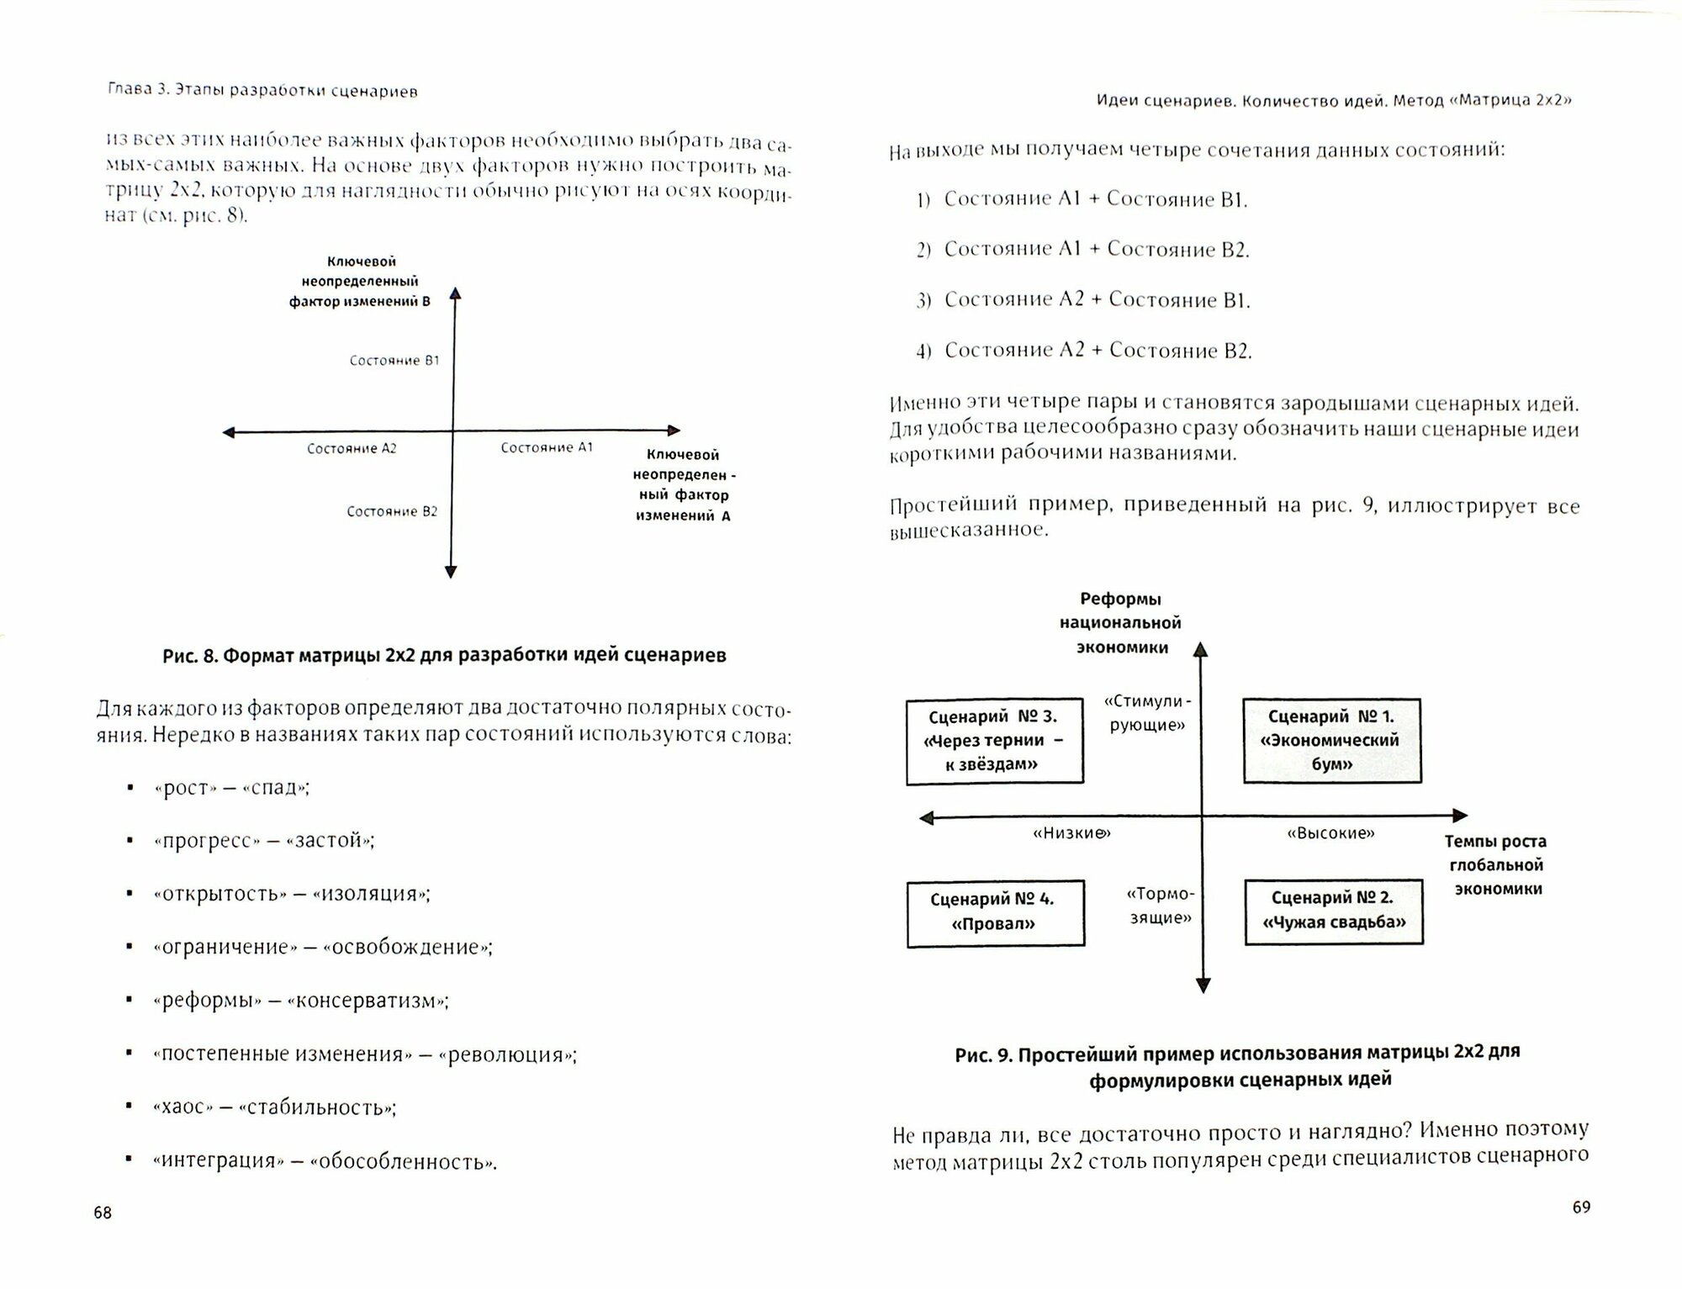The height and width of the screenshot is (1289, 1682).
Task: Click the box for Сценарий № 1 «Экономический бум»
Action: pyautogui.click(x=1331, y=741)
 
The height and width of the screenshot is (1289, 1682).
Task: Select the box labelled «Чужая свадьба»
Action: pyautogui.click(x=1333, y=911)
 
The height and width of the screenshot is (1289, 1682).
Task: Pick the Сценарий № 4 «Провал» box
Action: pyautogui.click(x=994, y=912)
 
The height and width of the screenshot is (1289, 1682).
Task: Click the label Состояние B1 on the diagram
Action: pyautogui.click(x=394, y=361)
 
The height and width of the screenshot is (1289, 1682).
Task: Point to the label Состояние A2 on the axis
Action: pyautogui.click(x=352, y=449)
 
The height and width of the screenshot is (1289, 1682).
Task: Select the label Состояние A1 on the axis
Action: pyautogui.click(x=547, y=448)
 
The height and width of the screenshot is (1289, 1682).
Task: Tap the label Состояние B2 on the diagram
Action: pyautogui.click(x=392, y=511)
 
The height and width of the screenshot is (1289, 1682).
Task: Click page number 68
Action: pyautogui.click(x=103, y=1212)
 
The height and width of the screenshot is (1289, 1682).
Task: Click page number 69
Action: pyautogui.click(x=1581, y=1207)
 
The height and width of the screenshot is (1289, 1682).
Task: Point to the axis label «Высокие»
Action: pyautogui.click(x=1330, y=833)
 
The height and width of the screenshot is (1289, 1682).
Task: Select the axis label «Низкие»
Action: pyautogui.click(x=1071, y=833)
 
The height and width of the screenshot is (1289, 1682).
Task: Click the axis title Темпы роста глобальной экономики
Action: pyautogui.click(x=1495, y=865)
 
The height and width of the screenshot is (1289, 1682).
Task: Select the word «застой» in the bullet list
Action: pyautogui.click(x=330, y=841)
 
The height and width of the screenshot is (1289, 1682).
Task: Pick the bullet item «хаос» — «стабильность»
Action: pyautogui.click(x=275, y=1107)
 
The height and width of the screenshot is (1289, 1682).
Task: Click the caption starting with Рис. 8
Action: pyautogui.click(x=444, y=656)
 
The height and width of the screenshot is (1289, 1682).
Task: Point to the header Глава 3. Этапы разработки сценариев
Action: pyautogui.click(x=262, y=92)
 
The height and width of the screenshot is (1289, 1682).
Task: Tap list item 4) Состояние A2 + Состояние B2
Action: pyautogui.click(x=1084, y=351)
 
